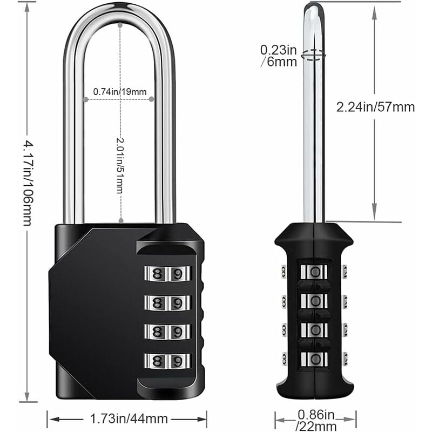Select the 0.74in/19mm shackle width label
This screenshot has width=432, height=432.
tap(119, 92)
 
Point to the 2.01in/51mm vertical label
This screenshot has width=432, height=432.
tap(119, 165)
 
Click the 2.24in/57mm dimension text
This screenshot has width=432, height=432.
tap(375, 107)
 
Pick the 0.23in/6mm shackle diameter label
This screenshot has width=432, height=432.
tap(279, 56)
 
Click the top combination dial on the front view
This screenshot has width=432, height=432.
tap(167, 274)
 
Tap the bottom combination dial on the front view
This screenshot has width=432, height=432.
tap(167, 361)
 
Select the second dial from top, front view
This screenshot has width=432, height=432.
tap(167, 303)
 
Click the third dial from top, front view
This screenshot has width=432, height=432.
tap(167, 332)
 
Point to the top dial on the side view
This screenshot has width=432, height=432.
tap(314, 271)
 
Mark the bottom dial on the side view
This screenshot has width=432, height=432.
tap(314, 359)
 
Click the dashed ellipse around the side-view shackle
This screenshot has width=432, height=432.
tap(314, 54)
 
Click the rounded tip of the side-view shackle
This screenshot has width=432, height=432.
tap(314, 6)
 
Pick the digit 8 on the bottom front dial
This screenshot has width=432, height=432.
tap(158, 361)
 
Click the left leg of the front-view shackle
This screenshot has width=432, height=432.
tap(71, 135)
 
